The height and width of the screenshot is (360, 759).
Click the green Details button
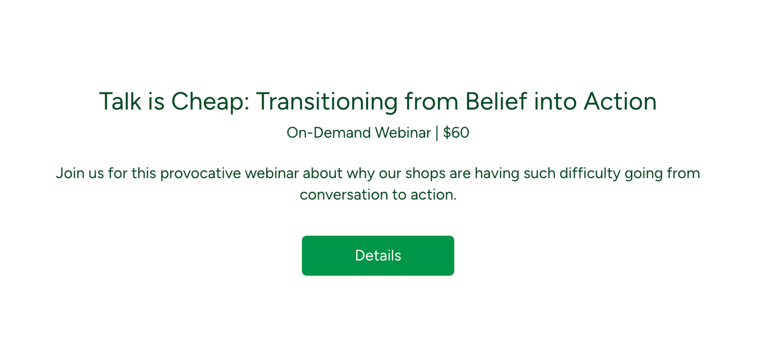pyautogui.click(x=378, y=255)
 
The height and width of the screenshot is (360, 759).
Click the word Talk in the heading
pyautogui.click(x=120, y=101)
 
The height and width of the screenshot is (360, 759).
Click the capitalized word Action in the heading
pyautogui.click(x=620, y=101)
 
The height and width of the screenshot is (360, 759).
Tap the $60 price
pyautogui.click(x=456, y=133)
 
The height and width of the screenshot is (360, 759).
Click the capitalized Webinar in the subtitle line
pyautogui.click(x=403, y=133)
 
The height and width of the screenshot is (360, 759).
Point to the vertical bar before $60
pyautogui.click(x=436, y=133)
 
